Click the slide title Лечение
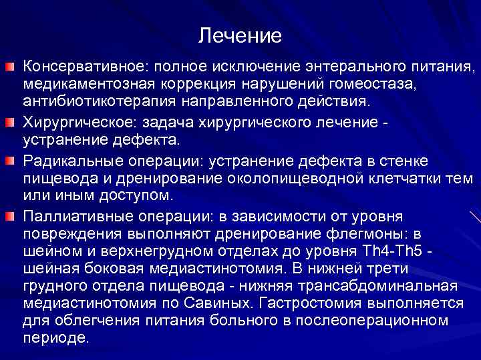pyautogui.click(x=240, y=35)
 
